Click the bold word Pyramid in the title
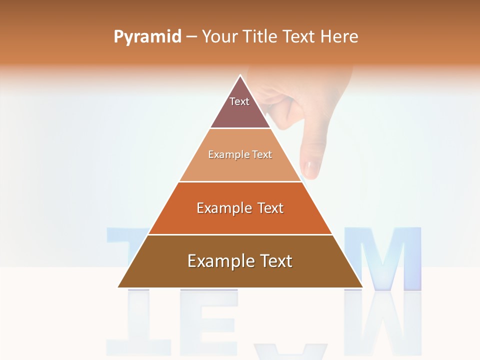tap(147, 36)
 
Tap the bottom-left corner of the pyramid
tap(118, 287)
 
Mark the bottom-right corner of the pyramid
tap(362, 287)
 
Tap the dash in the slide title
tap(191, 36)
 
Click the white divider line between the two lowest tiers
tap(240, 234)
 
